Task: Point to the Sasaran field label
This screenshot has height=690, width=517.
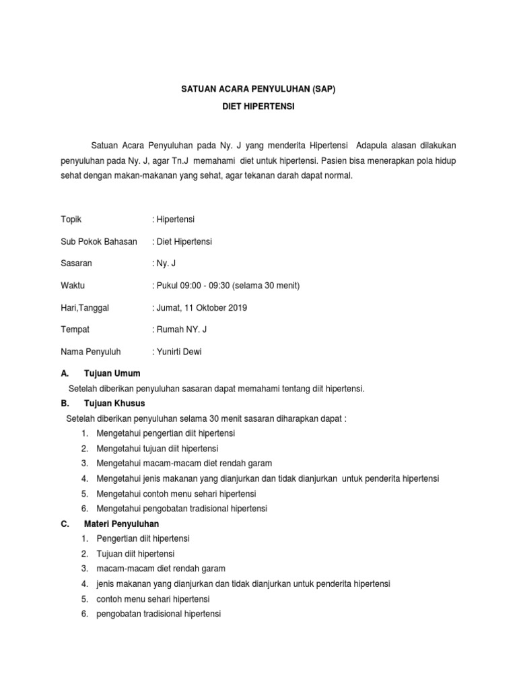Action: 77,263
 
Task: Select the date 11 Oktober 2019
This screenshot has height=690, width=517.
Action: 216,308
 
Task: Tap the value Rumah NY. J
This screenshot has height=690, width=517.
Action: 182,330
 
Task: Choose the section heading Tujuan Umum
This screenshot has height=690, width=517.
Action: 112,373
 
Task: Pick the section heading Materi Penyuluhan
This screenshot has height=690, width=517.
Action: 121,523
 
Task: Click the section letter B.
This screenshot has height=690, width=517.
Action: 63,403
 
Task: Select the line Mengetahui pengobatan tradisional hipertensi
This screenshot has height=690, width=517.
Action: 182,508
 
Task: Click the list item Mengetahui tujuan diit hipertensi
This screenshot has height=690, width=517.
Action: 157,448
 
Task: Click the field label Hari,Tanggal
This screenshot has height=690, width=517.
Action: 85,308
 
